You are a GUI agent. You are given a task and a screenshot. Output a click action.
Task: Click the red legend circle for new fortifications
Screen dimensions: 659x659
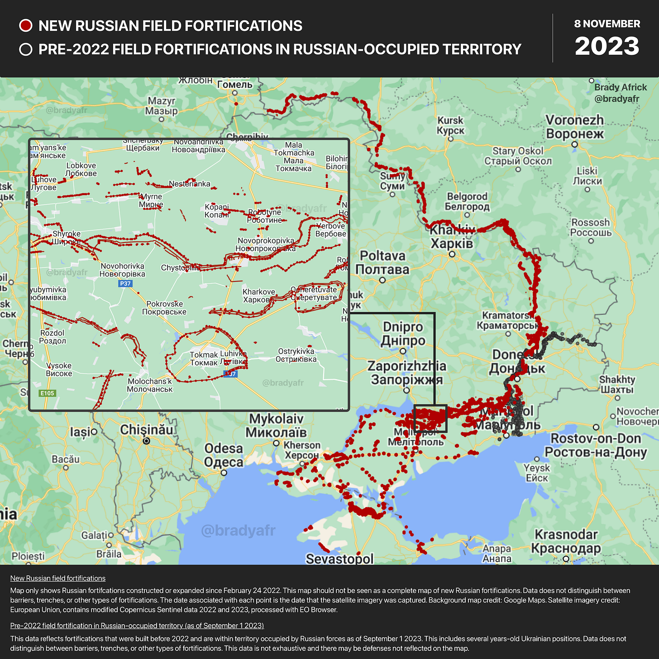(26, 26)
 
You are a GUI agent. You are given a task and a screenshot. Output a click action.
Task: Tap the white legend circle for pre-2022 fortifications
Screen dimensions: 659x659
(26, 49)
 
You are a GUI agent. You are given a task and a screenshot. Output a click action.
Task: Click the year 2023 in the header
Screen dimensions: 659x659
(607, 46)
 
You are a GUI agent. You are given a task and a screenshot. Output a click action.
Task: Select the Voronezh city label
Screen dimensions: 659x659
(575, 127)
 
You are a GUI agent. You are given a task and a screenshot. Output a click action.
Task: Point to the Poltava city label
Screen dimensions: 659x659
(382, 263)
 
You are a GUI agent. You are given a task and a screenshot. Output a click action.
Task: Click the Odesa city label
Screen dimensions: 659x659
(224, 455)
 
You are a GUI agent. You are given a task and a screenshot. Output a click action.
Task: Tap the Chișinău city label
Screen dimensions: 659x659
(147, 430)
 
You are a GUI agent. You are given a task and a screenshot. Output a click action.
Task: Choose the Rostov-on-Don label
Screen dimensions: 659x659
(596, 445)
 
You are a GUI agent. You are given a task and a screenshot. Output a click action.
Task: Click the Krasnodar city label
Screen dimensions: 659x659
(566, 541)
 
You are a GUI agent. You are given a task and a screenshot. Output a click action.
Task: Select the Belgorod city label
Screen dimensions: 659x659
(467, 202)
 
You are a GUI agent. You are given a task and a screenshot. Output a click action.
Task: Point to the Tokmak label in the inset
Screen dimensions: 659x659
(204, 359)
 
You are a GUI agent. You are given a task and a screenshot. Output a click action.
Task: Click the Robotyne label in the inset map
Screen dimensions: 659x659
(265, 216)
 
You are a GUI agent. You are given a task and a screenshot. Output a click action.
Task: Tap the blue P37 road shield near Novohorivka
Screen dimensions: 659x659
(125, 284)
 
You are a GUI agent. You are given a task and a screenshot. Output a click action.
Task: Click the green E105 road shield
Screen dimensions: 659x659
(48, 393)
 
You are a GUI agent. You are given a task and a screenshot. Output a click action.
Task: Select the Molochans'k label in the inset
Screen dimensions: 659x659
(150, 385)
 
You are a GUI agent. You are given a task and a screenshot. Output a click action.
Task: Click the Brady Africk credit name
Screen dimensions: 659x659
(620, 87)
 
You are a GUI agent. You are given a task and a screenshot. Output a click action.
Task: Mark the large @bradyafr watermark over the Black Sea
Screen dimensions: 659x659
(238, 530)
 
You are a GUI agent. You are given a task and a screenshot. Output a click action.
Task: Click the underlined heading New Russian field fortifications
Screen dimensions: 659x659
(58, 578)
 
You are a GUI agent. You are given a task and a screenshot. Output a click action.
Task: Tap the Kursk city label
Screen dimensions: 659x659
(450, 125)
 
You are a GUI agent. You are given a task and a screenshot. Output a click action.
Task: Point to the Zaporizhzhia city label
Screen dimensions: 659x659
(406, 372)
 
